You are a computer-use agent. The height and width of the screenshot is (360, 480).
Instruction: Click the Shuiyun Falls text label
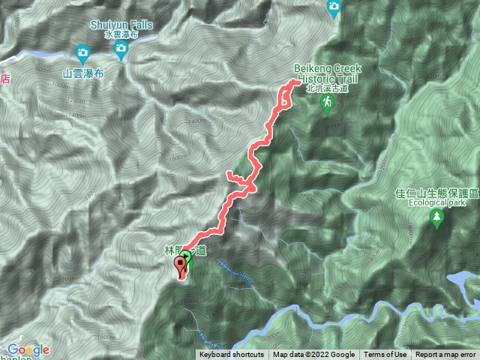pyautogui.click(x=121, y=24)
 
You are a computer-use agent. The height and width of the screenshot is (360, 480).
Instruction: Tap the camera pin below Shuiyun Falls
pyautogui.click(x=121, y=50)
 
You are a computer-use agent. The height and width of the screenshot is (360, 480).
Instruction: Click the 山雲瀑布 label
pyautogui.click(x=83, y=73)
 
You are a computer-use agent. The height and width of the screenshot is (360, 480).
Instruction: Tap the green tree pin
pyautogui.click(x=436, y=218)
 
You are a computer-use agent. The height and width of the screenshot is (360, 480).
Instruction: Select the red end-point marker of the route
pyautogui.click(x=181, y=264)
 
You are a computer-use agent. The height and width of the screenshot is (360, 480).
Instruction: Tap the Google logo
pyautogui.click(x=28, y=349)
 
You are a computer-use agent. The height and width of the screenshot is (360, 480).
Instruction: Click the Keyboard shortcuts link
pyautogui.click(x=232, y=355)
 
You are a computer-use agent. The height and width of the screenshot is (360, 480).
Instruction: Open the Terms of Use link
pyautogui.click(x=385, y=355)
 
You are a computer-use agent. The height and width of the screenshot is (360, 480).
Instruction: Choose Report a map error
pyautogui.click(x=445, y=355)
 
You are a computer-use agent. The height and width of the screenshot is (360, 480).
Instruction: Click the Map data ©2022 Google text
pyautogui.click(x=314, y=355)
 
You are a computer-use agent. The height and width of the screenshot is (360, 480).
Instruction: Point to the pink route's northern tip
pyautogui.click(x=287, y=88)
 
